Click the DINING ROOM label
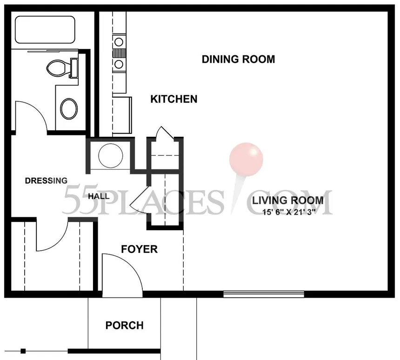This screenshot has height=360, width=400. pyautogui.click(x=238, y=59)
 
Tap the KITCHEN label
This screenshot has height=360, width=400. pyautogui.click(x=174, y=99)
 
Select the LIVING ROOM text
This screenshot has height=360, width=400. pyautogui.click(x=288, y=200)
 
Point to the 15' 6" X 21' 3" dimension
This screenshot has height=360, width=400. pyautogui.click(x=289, y=212)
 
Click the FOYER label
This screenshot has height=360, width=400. pyautogui.click(x=139, y=249)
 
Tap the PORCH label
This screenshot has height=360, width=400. pyautogui.click(x=125, y=325)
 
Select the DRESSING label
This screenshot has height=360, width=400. pyautogui.click(x=46, y=180)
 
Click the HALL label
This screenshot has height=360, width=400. pyautogui.click(x=99, y=196)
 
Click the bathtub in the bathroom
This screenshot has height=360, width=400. pyautogui.click(x=45, y=30)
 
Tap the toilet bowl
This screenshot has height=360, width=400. pyautogui.click(x=57, y=67)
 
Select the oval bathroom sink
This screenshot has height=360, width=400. pyautogui.click(x=69, y=109)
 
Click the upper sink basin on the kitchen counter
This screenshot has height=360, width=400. pyautogui.click(x=119, y=41)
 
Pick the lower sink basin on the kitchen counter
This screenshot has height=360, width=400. pyautogui.click(x=119, y=64)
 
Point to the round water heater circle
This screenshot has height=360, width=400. pyautogui.click(x=111, y=156)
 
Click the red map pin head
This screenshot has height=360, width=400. pyautogui.click(x=246, y=160)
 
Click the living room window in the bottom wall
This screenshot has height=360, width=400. pyautogui.click(x=264, y=294)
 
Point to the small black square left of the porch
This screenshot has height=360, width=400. pyautogui.click(x=23, y=351)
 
